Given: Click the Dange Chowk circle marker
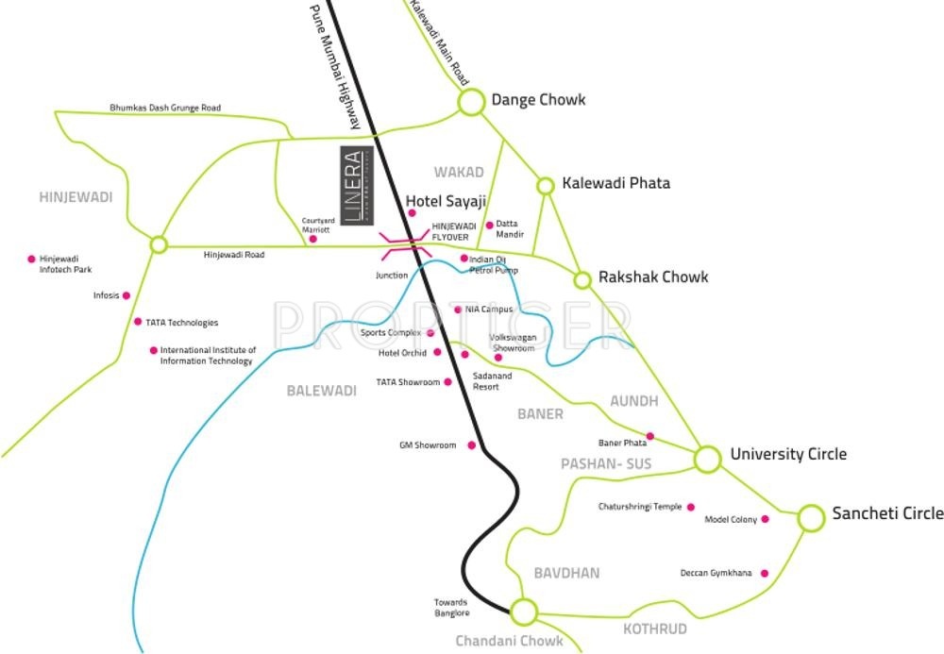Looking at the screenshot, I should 471,101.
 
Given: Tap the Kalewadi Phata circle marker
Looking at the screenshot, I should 545,185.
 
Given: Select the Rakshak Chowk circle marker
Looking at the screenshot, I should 582,279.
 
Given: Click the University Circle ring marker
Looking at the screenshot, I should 707,459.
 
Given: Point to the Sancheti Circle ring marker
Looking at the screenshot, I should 811,517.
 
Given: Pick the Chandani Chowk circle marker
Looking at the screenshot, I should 523,612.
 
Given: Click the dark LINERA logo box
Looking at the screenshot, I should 356,185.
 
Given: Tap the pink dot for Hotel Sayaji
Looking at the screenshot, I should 412,213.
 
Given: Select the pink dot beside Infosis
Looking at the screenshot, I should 126,295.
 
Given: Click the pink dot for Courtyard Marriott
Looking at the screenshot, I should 313,239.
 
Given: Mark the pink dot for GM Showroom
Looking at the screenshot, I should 472,445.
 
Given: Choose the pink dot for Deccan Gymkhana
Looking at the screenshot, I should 764,573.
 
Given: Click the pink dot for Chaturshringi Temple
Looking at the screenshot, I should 691,507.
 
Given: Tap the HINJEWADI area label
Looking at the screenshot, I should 76,197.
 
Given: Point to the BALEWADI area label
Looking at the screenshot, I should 322,391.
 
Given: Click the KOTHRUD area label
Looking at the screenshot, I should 655,629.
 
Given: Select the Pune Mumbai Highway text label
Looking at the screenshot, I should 335,65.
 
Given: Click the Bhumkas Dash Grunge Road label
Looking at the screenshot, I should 165,109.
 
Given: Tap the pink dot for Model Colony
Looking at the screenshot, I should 765,519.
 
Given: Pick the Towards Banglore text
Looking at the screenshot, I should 451,608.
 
